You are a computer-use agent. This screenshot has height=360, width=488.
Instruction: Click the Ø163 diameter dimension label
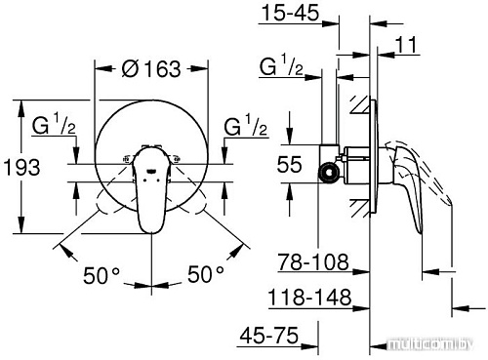coord(153,69)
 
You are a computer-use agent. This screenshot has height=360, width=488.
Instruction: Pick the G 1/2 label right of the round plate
coord(245,128)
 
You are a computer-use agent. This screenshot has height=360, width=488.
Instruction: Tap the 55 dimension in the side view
coord(289,165)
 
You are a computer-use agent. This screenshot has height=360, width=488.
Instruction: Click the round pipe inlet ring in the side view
coord(330,174)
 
